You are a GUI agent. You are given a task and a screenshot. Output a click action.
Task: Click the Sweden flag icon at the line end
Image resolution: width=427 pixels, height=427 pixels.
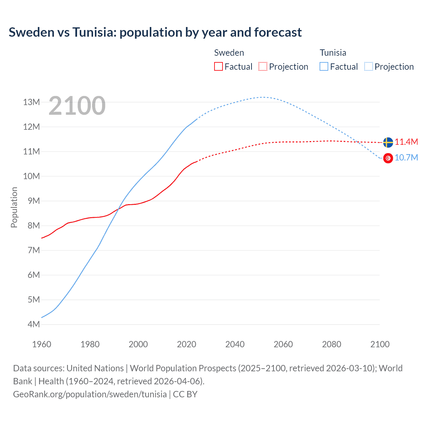pos(388,142)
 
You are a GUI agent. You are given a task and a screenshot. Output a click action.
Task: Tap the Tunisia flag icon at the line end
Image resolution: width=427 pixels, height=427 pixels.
pos(388,158)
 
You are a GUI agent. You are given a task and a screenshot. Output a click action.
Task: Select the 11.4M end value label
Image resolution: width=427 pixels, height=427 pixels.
pos(406,142)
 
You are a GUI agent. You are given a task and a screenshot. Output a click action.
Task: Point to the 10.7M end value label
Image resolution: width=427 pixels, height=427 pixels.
pos(406,158)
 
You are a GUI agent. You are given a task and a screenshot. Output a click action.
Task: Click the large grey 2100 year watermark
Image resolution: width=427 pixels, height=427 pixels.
pos(77,106)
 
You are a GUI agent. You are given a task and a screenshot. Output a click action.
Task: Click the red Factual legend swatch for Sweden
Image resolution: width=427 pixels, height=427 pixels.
pos(218,66)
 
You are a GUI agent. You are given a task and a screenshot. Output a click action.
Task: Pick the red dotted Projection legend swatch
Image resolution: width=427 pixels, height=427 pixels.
pos(263,66)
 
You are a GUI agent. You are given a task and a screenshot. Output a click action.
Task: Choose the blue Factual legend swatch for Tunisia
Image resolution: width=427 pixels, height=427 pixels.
pos(324,66)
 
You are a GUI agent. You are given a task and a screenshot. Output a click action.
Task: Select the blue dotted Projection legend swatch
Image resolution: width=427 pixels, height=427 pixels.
pos(369,66)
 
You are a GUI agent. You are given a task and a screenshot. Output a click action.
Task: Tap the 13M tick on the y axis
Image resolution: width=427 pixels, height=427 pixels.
pos(32,102)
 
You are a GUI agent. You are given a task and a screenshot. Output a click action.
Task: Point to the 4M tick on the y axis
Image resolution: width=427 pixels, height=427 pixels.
pos(34,324)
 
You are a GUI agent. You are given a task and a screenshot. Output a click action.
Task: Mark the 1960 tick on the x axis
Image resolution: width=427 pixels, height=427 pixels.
pos(42,344)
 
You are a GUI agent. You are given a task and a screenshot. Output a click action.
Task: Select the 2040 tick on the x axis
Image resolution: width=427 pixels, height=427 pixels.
pos(235,344)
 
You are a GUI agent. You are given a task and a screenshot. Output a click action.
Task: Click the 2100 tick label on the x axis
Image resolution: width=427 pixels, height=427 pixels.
pos(380,344)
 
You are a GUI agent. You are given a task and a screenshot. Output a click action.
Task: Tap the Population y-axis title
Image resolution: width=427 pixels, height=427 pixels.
pos(14,207)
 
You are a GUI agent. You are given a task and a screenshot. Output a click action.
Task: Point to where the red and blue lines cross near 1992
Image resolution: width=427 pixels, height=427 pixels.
pos(118,209)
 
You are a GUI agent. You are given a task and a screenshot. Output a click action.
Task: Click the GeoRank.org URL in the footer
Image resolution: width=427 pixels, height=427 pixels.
pos(90,394)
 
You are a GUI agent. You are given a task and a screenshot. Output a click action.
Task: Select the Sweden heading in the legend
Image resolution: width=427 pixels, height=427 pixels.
pos(229,53)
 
